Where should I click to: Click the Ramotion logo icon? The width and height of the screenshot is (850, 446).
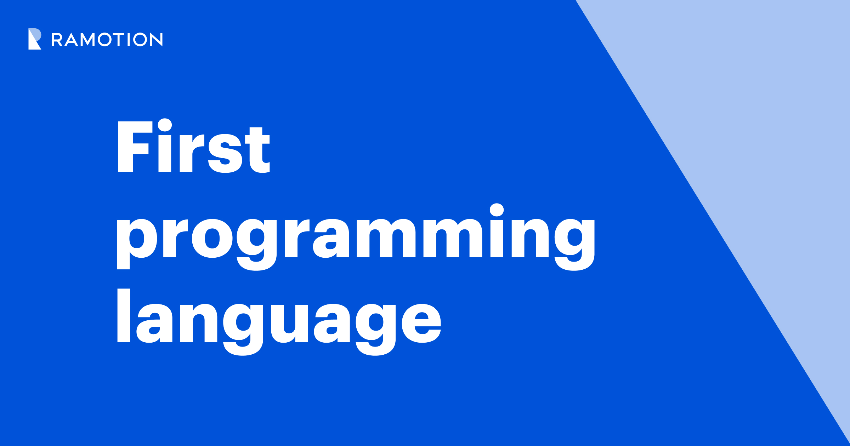pyautogui.click(x=35, y=39)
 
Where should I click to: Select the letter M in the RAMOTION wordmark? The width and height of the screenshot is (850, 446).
pyautogui.click(x=87, y=40)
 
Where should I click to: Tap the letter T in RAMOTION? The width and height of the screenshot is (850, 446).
pyautogui.click(x=119, y=40)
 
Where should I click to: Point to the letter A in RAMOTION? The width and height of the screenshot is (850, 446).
pyautogui.click(x=72, y=40)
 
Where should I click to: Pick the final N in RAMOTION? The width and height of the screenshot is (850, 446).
pyautogui.click(x=156, y=40)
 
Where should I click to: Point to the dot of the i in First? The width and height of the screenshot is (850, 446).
pyautogui.click(x=165, y=125)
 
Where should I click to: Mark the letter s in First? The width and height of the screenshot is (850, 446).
pyautogui.click(x=225, y=154)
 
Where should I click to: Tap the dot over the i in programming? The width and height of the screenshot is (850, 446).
pyautogui.click(x=497, y=210)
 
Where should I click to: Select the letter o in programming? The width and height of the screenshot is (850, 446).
pyautogui.click(x=212, y=239)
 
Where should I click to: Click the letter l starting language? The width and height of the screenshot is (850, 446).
pyautogui.click(x=124, y=315)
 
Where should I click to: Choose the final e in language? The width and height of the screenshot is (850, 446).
pyautogui.click(x=421, y=324)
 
